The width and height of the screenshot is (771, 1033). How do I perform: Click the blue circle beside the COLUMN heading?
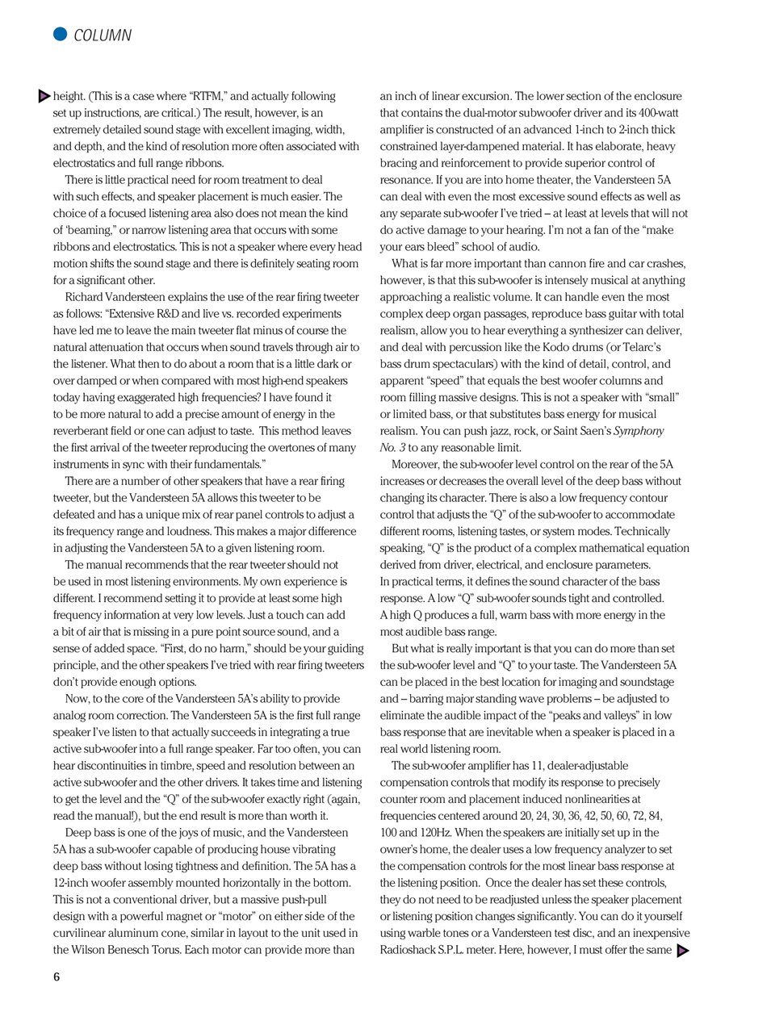tap(60, 34)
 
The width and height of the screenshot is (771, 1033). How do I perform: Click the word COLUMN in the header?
tap(103, 36)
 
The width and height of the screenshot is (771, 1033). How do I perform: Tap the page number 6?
tap(57, 977)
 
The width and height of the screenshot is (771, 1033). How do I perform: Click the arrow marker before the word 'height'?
tap(44, 96)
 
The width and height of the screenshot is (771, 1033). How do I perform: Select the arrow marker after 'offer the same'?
tap(683, 951)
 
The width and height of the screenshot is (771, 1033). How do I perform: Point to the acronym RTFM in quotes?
tap(206, 96)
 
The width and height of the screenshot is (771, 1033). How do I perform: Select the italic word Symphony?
tap(639, 431)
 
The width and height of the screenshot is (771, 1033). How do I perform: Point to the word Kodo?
tap(550, 347)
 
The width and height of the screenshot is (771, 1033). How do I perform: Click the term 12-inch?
tap(73, 883)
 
